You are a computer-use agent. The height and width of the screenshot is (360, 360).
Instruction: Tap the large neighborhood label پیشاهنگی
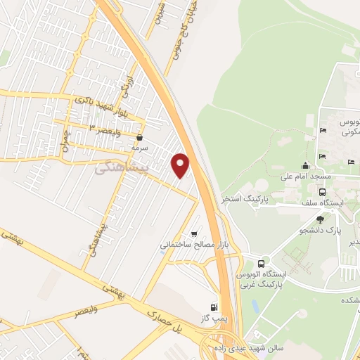(122, 168)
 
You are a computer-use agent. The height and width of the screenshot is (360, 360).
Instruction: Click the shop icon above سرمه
(142, 138)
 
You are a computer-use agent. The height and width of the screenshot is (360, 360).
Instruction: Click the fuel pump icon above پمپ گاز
(214, 307)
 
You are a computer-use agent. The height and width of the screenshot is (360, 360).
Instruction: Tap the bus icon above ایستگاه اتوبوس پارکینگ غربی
(262, 262)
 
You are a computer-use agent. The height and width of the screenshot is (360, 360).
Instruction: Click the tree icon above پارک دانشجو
(321, 219)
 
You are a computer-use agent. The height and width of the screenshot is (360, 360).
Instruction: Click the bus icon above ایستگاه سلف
(322, 192)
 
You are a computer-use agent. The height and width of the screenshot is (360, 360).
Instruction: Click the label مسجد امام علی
(305, 177)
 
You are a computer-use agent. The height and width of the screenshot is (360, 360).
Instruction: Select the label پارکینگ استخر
(242, 199)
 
